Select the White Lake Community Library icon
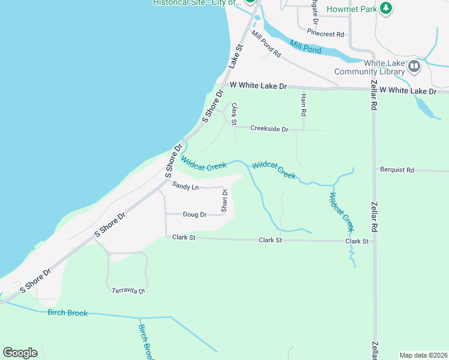click(414, 65)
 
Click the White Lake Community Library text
click(378, 67)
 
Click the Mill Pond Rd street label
click(266, 44)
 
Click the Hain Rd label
click(304, 104)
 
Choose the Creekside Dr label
click(269, 129)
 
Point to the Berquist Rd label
click(397, 170)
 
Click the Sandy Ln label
click(185, 187)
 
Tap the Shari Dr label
click(223, 201)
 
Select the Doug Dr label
click(194, 214)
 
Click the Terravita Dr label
click(128, 290)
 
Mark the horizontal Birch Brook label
click(68, 313)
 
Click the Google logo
click(20, 353)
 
